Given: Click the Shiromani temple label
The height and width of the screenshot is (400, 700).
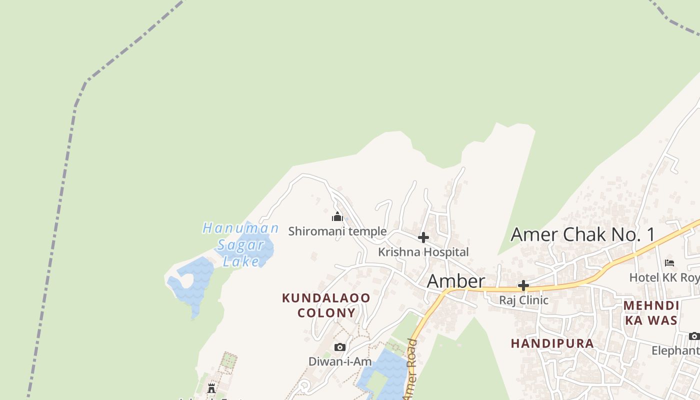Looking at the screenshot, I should click(x=337, y=231).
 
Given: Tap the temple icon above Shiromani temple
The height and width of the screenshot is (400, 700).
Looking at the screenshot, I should click(x=337, y=217).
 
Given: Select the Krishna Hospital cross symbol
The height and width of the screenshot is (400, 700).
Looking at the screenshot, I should click(x=423, y=237).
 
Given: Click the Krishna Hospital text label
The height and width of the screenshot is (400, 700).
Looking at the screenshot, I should click(x=423, y=252).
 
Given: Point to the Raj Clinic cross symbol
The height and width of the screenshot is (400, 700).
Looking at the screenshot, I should click(x=523, y=286).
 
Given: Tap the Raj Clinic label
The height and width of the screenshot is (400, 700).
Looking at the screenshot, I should click(x=523, y=300).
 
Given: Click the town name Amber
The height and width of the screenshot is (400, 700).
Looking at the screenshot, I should click(x=455, y=281).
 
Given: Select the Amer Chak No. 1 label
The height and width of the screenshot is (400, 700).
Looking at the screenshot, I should click(x=582, y=234).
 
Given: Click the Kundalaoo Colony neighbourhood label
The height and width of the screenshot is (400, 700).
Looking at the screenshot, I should click(x=326, y=305).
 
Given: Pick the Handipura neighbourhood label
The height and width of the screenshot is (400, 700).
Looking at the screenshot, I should click(x=552, y=343).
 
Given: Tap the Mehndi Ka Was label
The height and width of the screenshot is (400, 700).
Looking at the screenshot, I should click(x=651, y=313).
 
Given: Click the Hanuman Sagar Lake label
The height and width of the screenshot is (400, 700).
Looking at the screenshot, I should click(x=241, y=245).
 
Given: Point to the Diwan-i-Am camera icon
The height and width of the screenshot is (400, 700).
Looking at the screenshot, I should click(x=340, y=347).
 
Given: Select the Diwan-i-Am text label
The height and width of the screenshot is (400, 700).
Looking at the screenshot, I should click(x=340, y=361).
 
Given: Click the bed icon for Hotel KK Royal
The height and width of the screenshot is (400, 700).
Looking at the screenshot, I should click(x=669, y=263).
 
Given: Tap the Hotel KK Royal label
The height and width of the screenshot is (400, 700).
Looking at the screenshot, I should click(x=664, y=277).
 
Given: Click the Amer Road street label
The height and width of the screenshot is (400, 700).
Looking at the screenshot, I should click(x=410, y=370).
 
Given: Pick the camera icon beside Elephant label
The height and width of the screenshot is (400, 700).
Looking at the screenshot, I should click(x=694, y=336).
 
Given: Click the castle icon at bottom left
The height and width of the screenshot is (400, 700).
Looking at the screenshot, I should click(x=211, y=388).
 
